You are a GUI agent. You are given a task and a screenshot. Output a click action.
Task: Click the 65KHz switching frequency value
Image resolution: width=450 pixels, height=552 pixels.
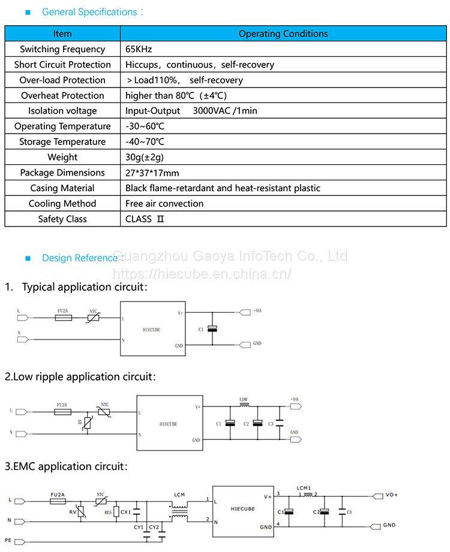click(139, 49)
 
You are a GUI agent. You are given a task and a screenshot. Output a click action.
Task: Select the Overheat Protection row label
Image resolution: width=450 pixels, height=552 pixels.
click(62, 95)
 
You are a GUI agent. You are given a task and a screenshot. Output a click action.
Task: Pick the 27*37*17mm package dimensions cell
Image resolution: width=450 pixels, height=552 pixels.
click(152, 173)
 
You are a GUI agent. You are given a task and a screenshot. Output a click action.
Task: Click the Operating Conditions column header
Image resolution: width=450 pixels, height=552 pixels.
click(283, 34)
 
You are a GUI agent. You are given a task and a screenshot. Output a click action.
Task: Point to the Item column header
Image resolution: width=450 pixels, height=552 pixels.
click(62, 34)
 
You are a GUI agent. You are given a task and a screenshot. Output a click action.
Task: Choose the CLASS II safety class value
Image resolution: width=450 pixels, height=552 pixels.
click(145, 219)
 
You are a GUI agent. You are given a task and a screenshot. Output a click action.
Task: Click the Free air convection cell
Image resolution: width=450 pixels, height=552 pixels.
click(164, 203)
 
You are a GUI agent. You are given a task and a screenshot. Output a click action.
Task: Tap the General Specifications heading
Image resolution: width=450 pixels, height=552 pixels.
click(89, 12)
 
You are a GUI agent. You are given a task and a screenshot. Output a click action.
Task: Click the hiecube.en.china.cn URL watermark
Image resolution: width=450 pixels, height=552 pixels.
click(202, 274)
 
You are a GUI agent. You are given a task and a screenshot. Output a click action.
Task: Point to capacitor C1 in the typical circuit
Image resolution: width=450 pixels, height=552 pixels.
click(211, 328)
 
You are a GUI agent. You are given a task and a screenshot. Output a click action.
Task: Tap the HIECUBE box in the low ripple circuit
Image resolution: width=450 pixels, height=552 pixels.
click(169, 423)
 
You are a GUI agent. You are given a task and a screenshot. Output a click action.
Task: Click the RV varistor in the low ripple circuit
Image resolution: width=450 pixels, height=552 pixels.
click(88, 423)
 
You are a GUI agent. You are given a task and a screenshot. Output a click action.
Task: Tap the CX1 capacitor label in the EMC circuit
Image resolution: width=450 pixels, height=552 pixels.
click(125, 512)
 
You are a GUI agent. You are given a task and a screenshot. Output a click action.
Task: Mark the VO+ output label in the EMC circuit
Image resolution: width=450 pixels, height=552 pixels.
click(391, 494)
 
